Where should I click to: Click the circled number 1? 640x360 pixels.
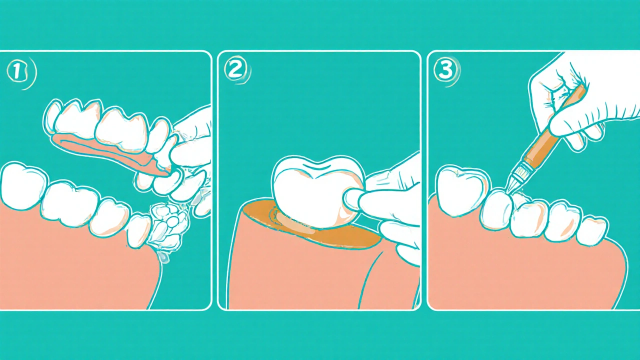click(17, 71)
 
